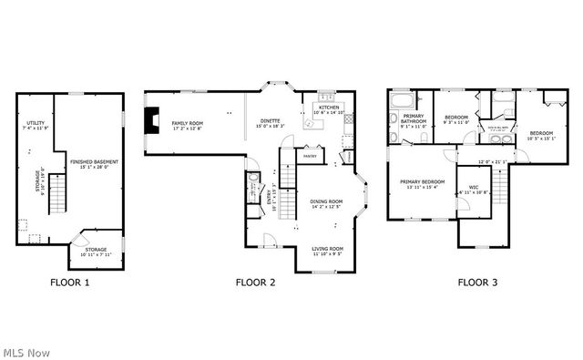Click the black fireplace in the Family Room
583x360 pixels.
(152, 119)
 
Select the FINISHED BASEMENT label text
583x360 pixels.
(94, 164)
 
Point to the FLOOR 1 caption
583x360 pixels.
(69, 283)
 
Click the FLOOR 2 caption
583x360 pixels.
(255, 283)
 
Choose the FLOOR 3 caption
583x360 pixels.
(476, 283)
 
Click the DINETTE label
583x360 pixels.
(271, 123)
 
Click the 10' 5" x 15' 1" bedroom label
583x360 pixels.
(541, 137)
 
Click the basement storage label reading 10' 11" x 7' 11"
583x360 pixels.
(96, 251)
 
